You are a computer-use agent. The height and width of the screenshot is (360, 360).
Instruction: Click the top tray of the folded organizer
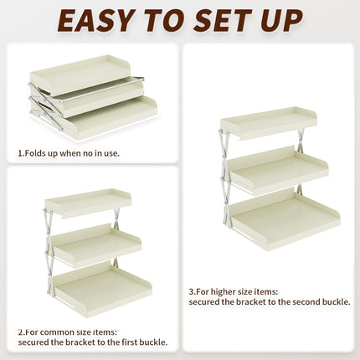[82, 74]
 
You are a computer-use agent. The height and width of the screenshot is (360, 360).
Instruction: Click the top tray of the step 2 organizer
[88, 202]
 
